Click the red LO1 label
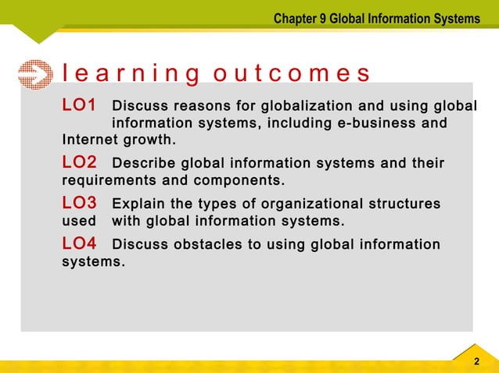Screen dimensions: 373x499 coord(79,105)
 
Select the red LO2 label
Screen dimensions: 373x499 coord(79,163)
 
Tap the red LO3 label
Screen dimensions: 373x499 coord(79,203)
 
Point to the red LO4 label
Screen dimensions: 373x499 coord(79,244)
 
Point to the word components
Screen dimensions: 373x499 coord(243,182)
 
